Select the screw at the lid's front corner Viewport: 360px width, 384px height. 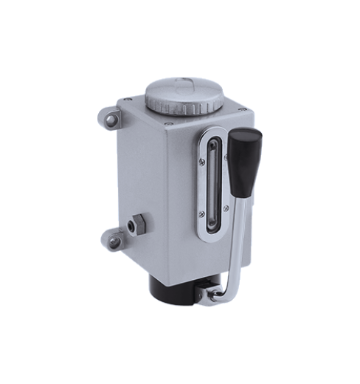(x=168, y=124)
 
